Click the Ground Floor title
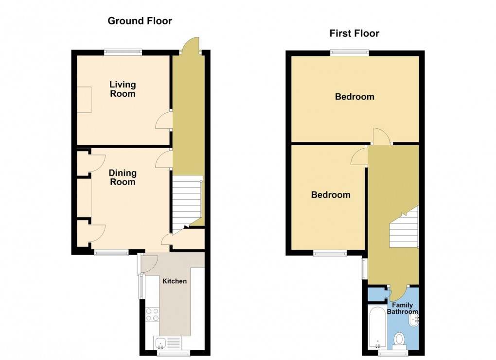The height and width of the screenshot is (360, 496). tap(140, 21)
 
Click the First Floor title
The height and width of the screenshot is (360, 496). tap(354, 33)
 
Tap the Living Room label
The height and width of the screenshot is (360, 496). tap(123, 89)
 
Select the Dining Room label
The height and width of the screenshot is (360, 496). tap(123, 177)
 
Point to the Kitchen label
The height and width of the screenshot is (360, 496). tap(175, 281)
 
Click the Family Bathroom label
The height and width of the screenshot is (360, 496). tap(402, 308)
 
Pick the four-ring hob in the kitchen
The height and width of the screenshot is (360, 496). tap(152, 314)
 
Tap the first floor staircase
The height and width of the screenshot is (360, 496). tap(404, 227)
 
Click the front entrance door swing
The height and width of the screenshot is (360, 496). tap(191, 45)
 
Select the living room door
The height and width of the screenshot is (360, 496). tap(164, 120)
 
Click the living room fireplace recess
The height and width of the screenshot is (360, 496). tap(85, 100)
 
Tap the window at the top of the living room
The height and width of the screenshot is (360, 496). tap(123, 52)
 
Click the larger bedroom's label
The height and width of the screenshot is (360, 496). tap(354, 97)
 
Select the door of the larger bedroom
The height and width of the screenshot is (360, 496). tap(382, 136)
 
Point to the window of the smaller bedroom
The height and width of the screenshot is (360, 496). tap(330, 253)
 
